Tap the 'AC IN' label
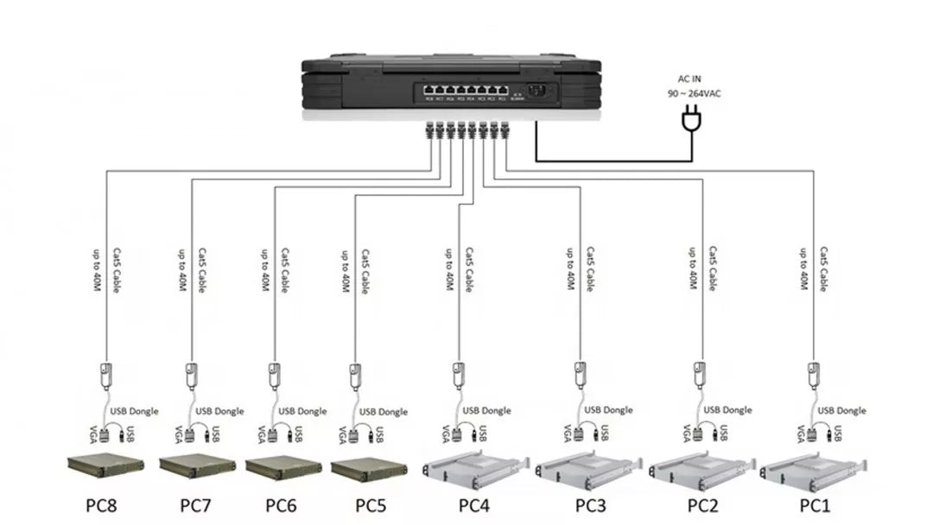click(689, 79)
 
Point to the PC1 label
click(814, 503)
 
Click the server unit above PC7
click(198, 467)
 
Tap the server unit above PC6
click(283, 467)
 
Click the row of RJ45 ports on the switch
click(462, 89)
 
